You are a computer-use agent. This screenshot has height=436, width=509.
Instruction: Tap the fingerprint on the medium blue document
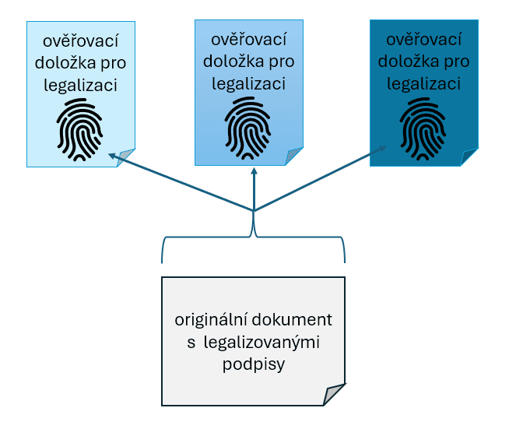click(x=248, y=124)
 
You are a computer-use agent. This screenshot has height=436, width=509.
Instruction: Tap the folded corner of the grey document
click(x=334, y=395)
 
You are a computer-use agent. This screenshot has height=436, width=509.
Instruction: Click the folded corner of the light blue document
click(x=126, y=157)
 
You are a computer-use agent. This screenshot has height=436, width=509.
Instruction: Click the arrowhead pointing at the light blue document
click(x=111, y=156)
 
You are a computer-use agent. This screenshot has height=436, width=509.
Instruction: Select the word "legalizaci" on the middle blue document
click(x=248, y=82)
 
